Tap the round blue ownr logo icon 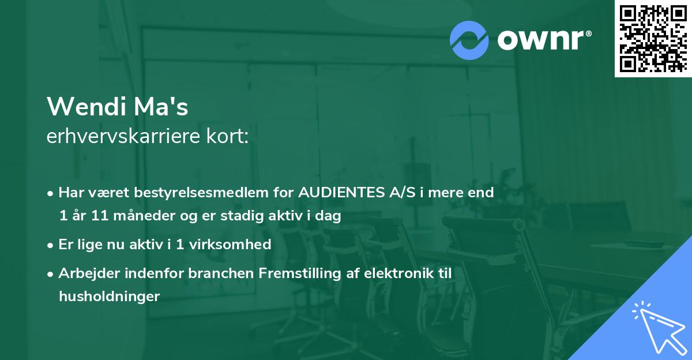(469, 40)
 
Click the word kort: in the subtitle (230, 137)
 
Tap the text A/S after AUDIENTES (397, 193)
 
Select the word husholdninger (108, 296)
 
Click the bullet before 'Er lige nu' (51, 245)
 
